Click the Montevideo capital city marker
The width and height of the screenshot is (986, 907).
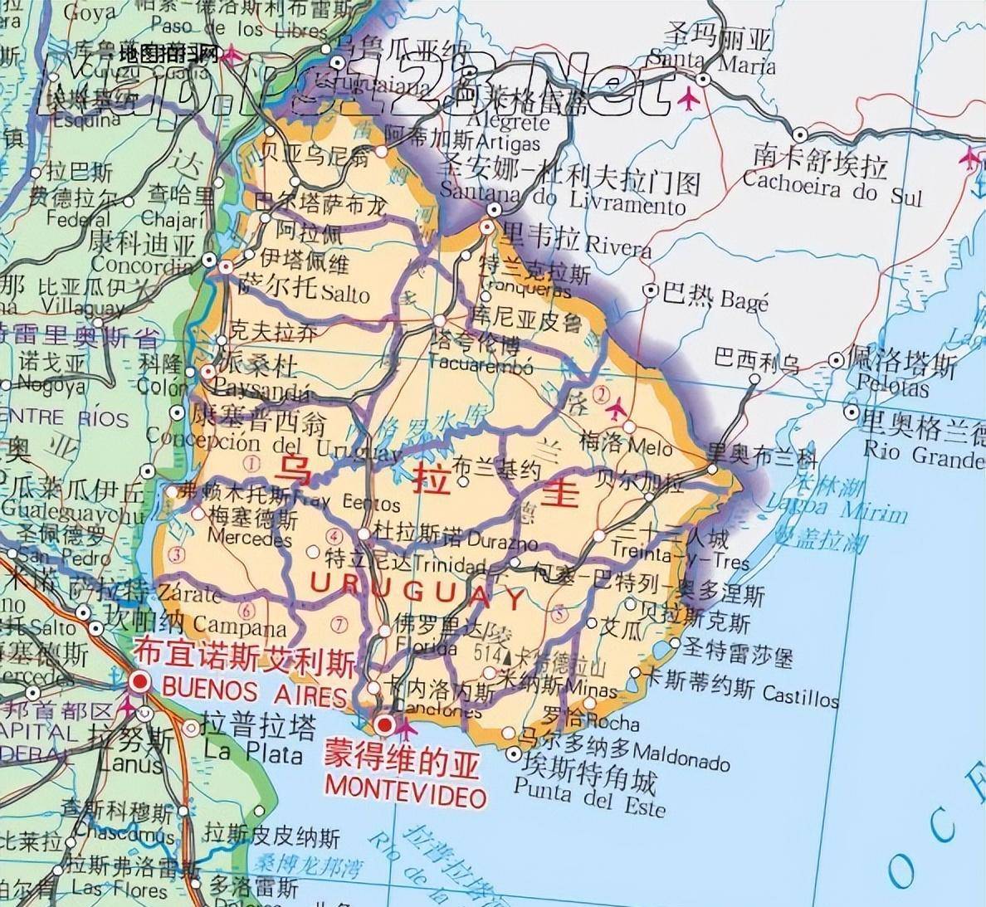384,725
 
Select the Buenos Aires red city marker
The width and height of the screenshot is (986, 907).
139,682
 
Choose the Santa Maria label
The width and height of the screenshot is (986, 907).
710,61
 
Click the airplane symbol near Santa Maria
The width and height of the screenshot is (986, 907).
687,100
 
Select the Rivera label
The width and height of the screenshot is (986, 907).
617,246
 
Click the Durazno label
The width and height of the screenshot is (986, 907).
503,543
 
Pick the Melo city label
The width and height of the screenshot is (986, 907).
650,446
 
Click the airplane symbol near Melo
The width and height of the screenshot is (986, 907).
616,410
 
